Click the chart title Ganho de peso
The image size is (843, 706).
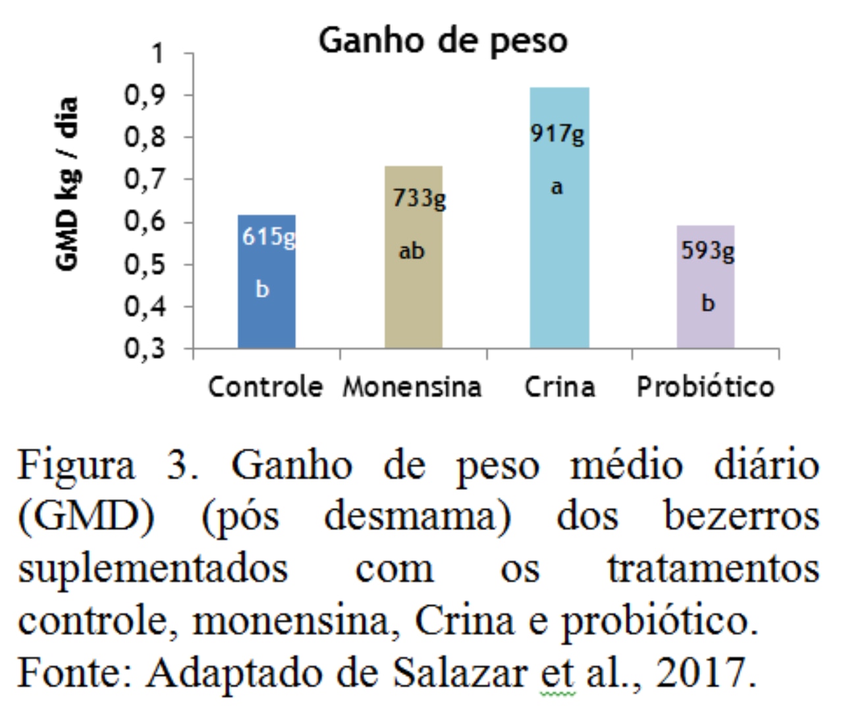pyautogui.click(x=443, y=41)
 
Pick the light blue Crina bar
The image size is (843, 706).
pyautogui.click(x=559, y=263)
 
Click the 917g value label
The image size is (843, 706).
pyautogui.click(x=557, y=135)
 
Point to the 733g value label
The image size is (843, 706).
pyautogui.click(x=419, y=198)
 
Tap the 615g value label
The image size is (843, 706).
pyautogui.click(x=269, y=236)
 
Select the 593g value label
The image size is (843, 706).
pyautogui.click(x=707, y=251)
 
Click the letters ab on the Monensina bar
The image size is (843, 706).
pyautogui.click(x=412, y=251)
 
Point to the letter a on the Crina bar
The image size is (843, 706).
pyautogui.click(x=557, y=188)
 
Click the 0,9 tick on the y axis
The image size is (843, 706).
pyautogui.click(x=146, y=95)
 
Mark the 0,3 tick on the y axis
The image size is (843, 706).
pyautogui.click(x=146, y=348)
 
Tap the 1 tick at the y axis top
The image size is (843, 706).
pyautogui.click(x=157, y=53)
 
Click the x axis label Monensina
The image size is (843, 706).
pyautogui.click(x=412, y=387)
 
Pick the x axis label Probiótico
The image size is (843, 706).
pyautogui.click(x=705, y=387)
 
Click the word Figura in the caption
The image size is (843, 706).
pyautogui.click(x=76, y=466)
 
